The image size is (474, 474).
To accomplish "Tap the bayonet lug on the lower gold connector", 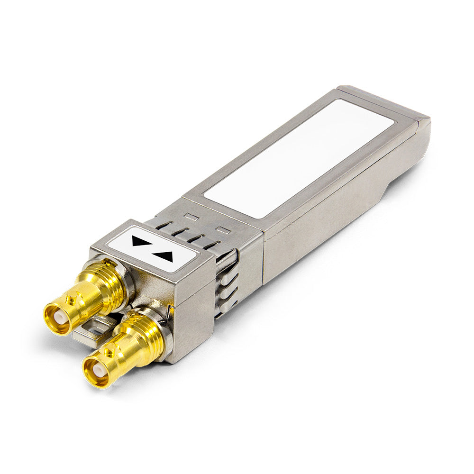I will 109,352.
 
